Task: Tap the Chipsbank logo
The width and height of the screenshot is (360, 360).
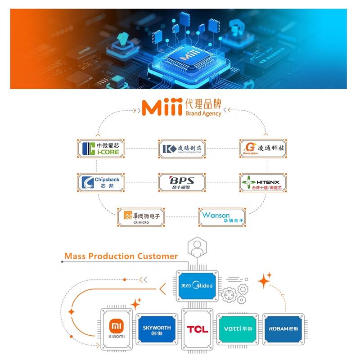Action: coord(100,183)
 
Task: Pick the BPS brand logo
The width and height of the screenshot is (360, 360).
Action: coord(182,182)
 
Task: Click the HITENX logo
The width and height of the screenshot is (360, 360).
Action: coord(263,183)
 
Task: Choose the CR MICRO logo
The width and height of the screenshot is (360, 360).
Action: coord(141,217)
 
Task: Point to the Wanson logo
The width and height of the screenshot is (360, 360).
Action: coord(223,217)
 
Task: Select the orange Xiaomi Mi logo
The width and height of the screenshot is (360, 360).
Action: coord(116,324)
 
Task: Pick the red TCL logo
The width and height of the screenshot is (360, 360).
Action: coord(197,329)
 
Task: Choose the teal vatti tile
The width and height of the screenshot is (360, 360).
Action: coord(237,329)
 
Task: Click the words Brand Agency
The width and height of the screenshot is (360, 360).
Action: coord(203,114)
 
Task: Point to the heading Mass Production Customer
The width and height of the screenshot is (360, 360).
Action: coord(121,256)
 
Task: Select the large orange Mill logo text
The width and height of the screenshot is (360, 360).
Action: coord(161,108)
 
